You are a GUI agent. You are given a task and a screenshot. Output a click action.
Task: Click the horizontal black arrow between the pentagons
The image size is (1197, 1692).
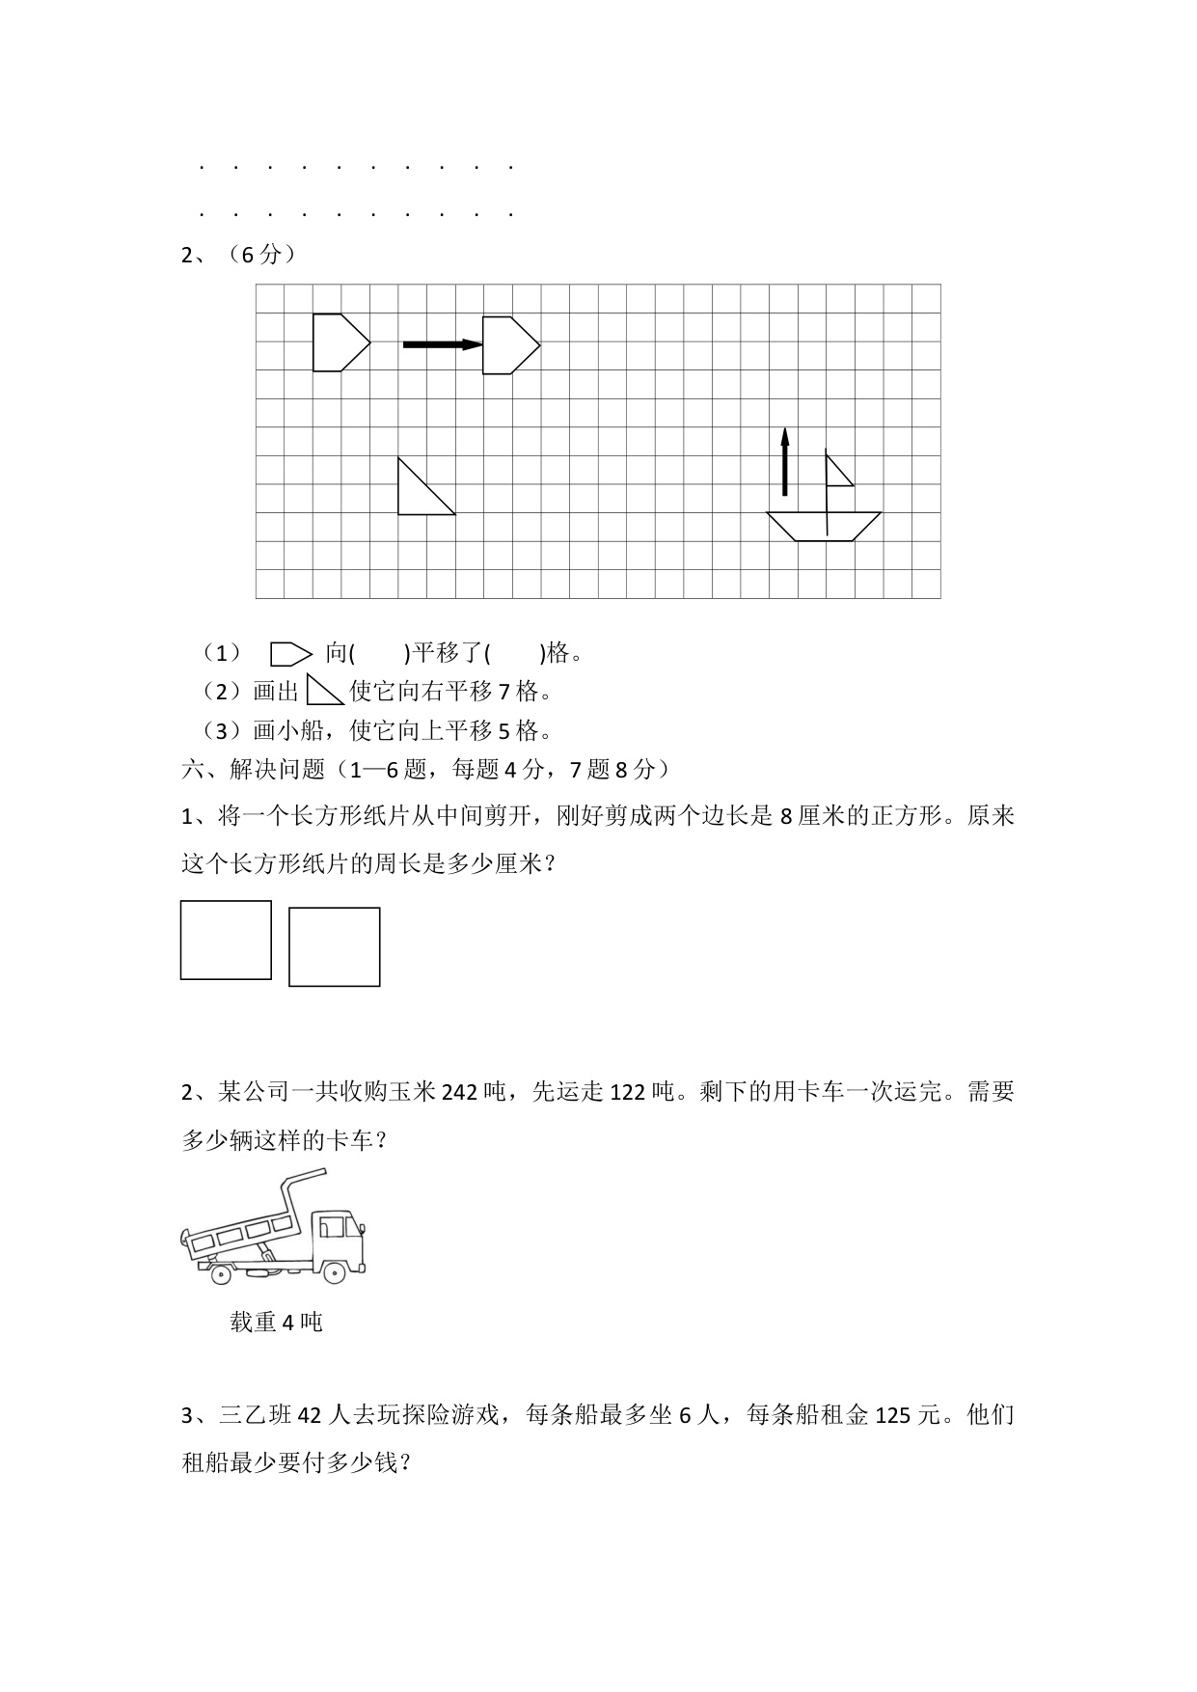point(442,344)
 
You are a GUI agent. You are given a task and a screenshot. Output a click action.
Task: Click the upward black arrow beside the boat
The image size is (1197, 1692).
point(784,462)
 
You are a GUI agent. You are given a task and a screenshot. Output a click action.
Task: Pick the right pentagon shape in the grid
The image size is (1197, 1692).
point(507,344)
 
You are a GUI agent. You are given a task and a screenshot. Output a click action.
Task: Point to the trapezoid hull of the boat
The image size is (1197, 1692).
point(825,527)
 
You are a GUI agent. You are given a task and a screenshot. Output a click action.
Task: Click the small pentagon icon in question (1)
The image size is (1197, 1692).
point(290,654)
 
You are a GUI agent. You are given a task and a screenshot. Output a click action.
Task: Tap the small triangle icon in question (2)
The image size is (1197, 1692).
point(323,691)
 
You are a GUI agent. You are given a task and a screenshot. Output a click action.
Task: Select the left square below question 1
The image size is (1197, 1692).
point(226,941)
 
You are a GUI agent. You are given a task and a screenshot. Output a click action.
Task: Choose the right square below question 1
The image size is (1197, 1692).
point(334,946)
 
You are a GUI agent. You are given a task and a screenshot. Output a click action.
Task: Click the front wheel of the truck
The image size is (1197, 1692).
point(334,1272)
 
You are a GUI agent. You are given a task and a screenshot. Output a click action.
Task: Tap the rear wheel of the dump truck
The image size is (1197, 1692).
point(221,1274)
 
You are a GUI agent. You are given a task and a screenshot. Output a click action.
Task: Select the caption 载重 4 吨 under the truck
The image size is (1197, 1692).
point(276,1322)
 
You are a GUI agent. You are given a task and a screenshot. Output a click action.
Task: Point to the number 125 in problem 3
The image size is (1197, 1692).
point(893,1416)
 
